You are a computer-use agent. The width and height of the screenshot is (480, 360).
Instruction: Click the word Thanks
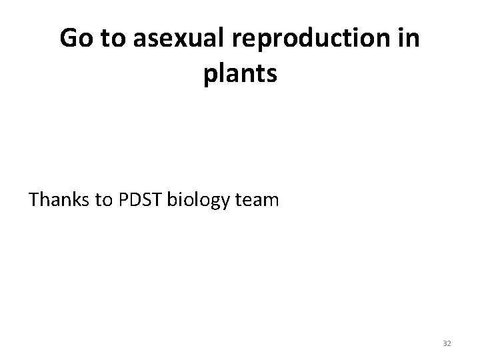(59, 199)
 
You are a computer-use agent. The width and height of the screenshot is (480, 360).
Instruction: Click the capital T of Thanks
(34, 199)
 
